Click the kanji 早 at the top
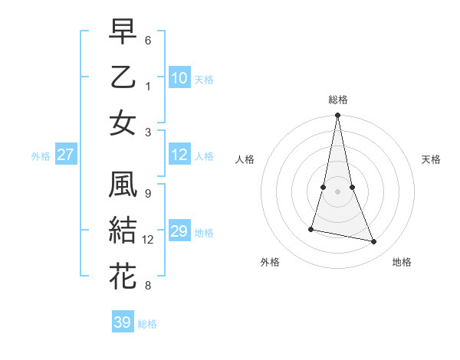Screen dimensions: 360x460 tap(123, 31)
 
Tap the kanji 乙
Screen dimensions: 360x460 tap(123, 77)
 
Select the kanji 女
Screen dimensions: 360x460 tap(123, 123)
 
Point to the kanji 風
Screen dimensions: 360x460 tap(123, 185)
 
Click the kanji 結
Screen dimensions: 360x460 tap(123, 231)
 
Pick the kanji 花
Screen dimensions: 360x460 tap(123, 277)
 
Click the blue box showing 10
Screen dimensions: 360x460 tap(179, 77)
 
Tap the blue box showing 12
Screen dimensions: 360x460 tap(179, 155)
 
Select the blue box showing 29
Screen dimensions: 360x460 tap(179, 231)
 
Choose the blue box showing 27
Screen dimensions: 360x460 tap(65, 155)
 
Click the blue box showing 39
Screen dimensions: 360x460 tap(123, 322)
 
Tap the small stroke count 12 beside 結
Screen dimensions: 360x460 tap(148, 240)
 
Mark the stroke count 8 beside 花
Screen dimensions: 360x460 tap(148, 286)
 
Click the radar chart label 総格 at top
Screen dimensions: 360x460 tap(337, 100)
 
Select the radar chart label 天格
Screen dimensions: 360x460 tap(431, 159)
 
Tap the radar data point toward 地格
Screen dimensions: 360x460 tap(374, 242)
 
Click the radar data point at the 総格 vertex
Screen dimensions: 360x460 tap(337, 116)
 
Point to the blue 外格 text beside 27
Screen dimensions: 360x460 tap(41, 156)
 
